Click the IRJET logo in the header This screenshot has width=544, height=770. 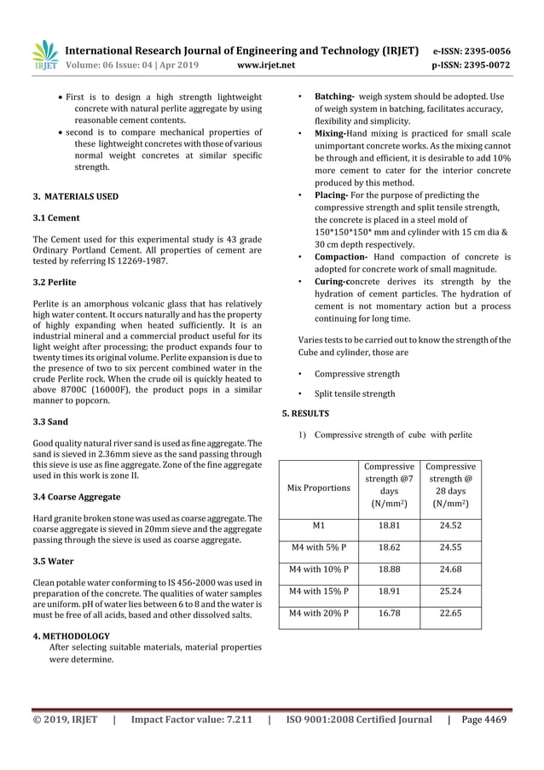pyautogui.click(x=44, y=55)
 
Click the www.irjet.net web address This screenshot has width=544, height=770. pyautogui.click(x=268, y=64)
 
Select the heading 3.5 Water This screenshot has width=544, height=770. pyautogui.click(x=52, y=561)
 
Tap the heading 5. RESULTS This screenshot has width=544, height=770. pyautogui.click(x=305, y=413)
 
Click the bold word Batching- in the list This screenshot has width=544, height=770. pyautogui.click(x=335, y=96)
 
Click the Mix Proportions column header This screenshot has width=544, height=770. pyautogui.click(x=319, y=487)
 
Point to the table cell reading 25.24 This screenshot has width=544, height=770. pyautogui.click(x=450, y=589)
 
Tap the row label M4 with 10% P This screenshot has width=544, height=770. pyautogui.click(x=319, y=569)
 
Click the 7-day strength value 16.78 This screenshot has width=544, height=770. pyautogui.click(x=390, y=611)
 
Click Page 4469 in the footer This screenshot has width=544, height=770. pyautogui.click(x=483, y=719)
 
